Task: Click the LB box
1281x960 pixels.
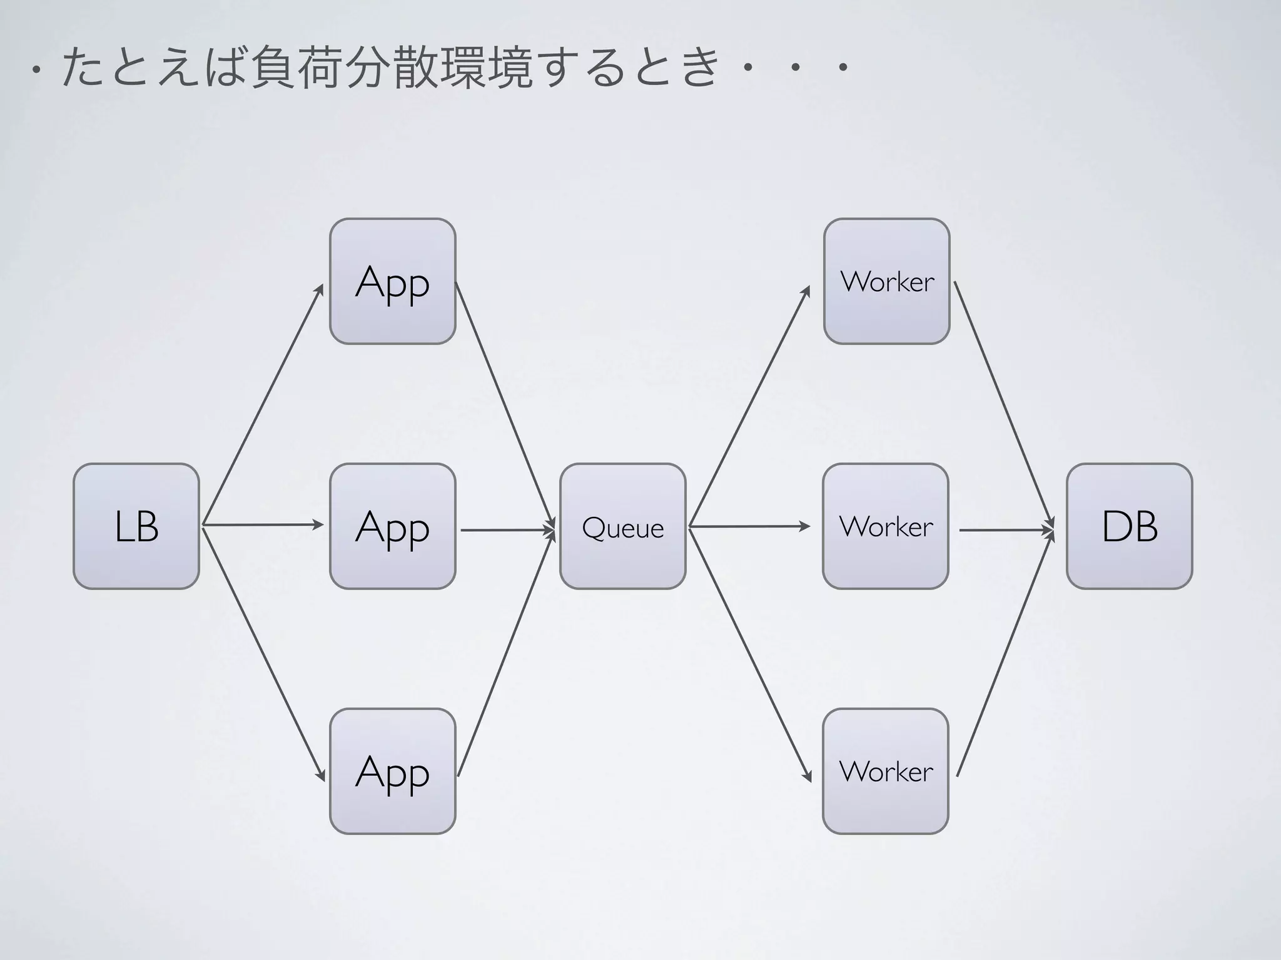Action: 136,526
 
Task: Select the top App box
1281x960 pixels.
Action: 392,281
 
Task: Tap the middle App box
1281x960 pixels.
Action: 392,526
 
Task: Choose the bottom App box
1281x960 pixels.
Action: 392,771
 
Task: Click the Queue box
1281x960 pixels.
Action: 622,526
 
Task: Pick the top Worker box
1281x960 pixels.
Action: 886,281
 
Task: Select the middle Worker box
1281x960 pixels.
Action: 885,526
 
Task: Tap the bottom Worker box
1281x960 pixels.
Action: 885,771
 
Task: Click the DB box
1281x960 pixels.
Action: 1129,526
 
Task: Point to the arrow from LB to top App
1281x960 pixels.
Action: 263,405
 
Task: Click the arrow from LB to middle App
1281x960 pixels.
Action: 263,525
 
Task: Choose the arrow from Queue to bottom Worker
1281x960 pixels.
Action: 749,653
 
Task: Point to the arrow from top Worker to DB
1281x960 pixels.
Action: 1004,405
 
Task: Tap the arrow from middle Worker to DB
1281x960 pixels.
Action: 1006,530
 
